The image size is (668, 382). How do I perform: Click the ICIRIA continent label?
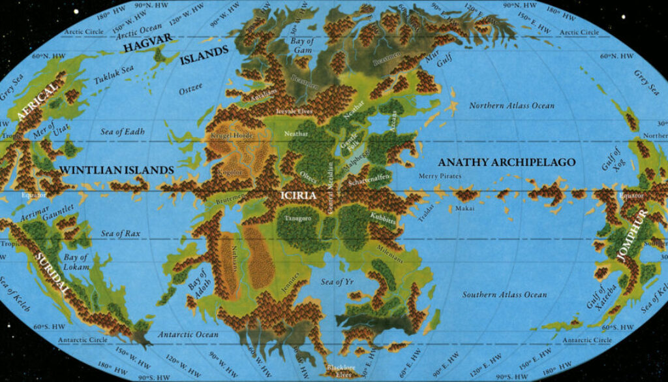tap(299, 195)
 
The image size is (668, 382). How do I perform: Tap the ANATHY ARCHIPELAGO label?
tap(507, 162)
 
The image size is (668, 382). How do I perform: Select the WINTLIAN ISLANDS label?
tap(117, 170)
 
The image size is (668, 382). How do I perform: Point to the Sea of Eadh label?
tap(123, 132)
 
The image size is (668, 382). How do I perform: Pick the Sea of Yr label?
tap(337, 281)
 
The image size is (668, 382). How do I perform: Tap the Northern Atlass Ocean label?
tap(512, 106)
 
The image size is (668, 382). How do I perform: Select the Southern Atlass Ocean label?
tap(504, 295)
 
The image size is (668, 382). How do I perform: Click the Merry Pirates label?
tap(440, 176)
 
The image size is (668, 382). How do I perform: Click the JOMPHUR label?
tap(631, 236)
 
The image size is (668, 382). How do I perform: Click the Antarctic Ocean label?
tap(189, 335)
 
